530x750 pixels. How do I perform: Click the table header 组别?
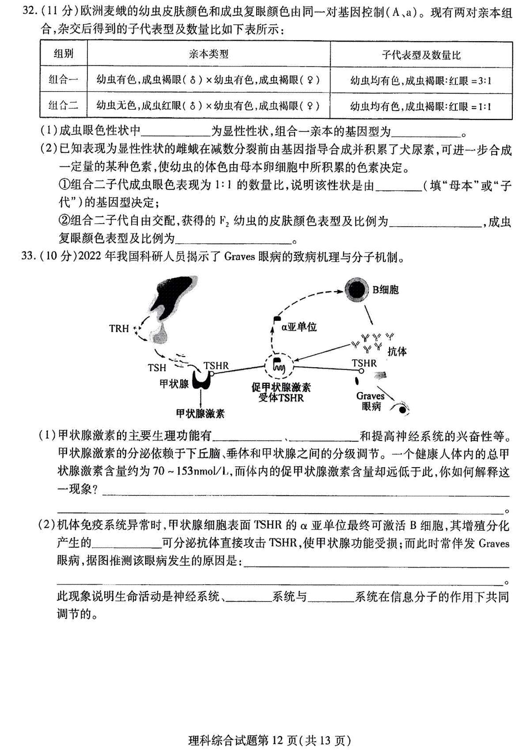64,53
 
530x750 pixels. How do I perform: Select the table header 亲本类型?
208,54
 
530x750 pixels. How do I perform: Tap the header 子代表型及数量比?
421,55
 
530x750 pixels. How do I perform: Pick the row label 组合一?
63,80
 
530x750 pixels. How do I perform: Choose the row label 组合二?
63,106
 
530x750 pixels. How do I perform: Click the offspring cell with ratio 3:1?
421,81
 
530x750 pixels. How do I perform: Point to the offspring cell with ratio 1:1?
421,107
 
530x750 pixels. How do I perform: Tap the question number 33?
29,256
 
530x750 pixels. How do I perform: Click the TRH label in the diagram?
119,328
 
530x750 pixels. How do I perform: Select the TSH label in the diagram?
157,368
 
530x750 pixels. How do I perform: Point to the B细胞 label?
386,289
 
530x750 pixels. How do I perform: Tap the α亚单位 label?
299,327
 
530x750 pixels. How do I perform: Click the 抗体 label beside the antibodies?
397,351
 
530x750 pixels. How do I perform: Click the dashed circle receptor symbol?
279,366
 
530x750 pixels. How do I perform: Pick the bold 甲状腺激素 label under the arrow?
201,414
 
